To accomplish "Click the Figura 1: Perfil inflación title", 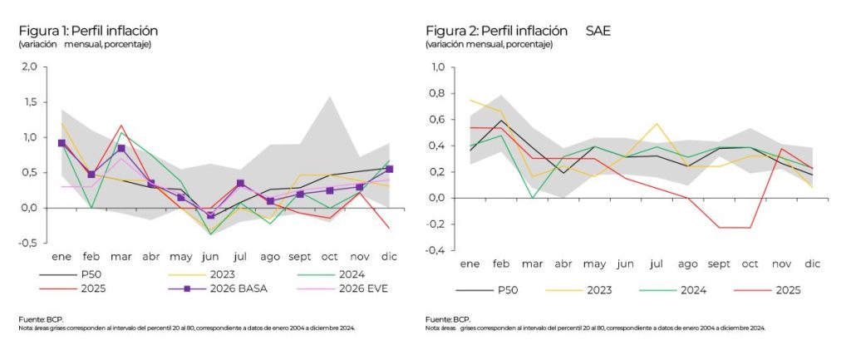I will (88, 31).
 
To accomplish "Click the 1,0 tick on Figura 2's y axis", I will (437, 67).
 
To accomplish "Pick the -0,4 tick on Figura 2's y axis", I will (435, 250).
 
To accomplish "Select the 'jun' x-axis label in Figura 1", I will (210, 257).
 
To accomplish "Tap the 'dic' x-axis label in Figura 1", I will (388, 257).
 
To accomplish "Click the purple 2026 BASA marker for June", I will (211, 215).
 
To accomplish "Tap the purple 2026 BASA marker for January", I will (61, 143).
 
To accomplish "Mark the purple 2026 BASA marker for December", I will (389, 169).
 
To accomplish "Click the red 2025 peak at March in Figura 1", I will (121, 126).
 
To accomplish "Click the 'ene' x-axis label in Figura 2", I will (470, 264).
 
